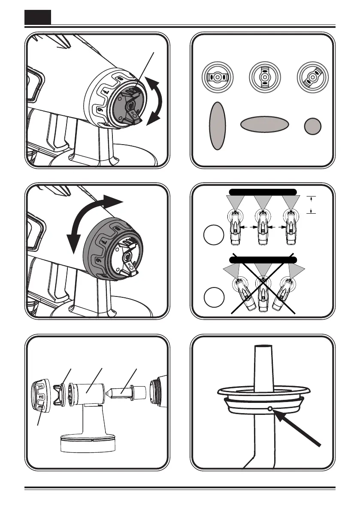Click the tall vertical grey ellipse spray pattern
click(x=218, y=126)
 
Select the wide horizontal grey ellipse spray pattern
click(x=263, y=124)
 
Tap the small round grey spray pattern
click(x=313, y=127)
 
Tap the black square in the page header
click(x=37, y=17)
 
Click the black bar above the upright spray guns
click(x=262, y=191)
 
